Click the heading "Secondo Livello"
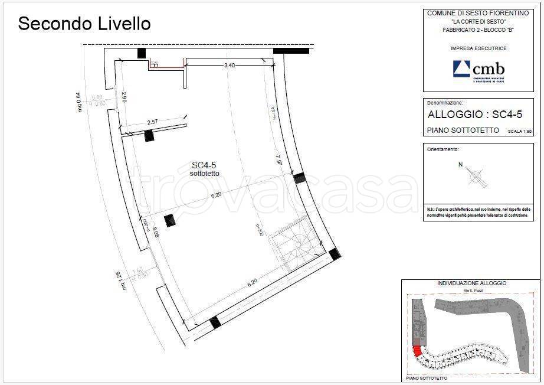(84, 24)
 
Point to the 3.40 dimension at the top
(230, 66)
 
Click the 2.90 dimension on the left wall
(124, 98)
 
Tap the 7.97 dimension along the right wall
(279, 160)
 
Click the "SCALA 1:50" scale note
(519, 131)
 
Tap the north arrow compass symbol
(476, 175)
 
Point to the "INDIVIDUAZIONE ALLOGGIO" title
(471, 283)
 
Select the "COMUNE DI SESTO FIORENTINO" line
(474, 12)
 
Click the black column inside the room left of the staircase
(170, 220)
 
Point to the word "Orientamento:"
(443, 149)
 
